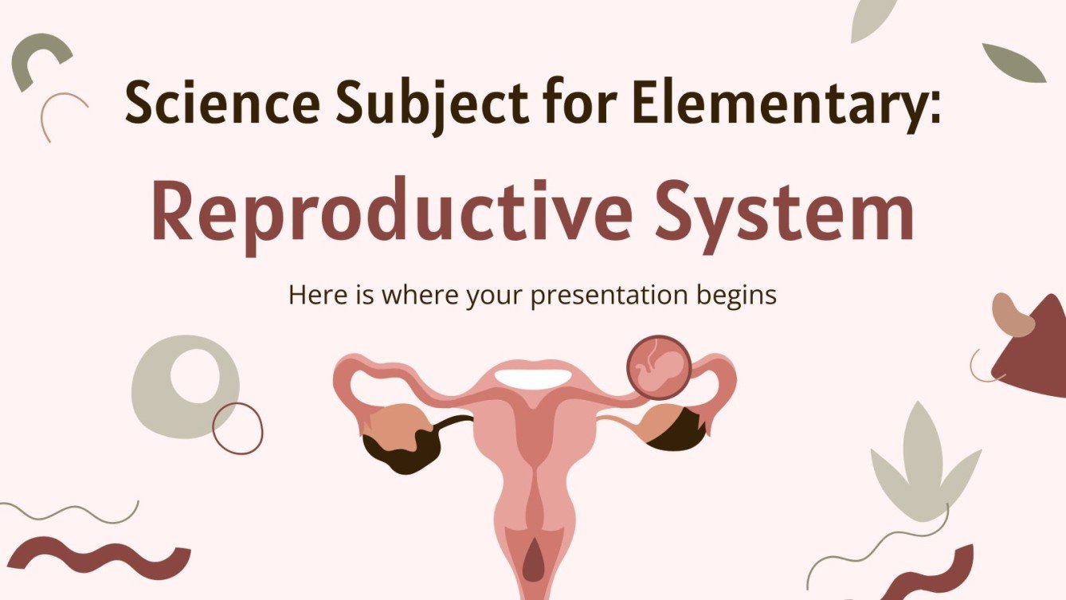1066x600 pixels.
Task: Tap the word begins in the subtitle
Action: coord(736,296)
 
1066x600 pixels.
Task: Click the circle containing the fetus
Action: coord(657,367)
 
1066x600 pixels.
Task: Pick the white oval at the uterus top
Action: coord(532,378)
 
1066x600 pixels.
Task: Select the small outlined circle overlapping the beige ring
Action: coord(237,428)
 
